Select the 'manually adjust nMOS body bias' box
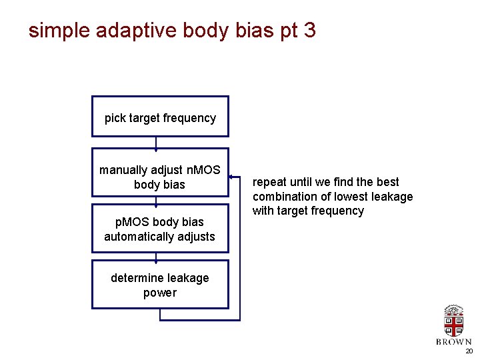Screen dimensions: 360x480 (x=160, y=173)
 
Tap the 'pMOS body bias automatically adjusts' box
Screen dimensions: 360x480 (x=160, y=229)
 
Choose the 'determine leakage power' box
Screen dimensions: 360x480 (x=160, y=285)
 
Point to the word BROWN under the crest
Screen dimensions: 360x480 (x=453, y=342)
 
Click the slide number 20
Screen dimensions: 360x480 (x=469, y=351)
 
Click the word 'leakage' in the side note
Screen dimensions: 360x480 (x=389, y=197)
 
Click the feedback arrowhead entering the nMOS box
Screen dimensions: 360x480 (x=231, y=178)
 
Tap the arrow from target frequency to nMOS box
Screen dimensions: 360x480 (x=156, y=143)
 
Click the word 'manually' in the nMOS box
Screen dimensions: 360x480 (x=124, y=170)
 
